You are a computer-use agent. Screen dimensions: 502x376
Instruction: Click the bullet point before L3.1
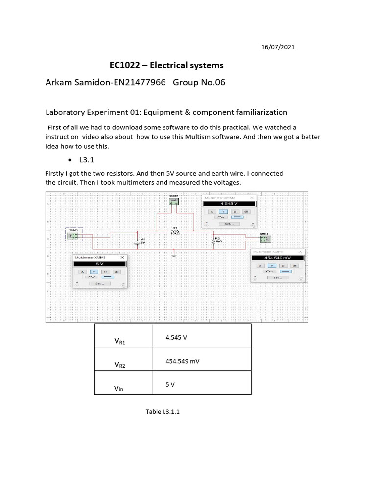(x=71, y=160)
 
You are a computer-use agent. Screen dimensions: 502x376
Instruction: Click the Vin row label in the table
(x=119, y=388)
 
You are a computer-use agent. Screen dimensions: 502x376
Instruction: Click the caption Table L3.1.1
(x=163, y=411)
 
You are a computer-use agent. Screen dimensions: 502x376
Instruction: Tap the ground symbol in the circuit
(x=174, y=254)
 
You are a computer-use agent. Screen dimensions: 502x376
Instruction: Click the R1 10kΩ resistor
(x=174, y=230)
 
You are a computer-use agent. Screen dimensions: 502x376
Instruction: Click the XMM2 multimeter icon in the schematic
(x=173, y=201)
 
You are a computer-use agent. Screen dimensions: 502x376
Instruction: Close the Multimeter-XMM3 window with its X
(x=122, y=257)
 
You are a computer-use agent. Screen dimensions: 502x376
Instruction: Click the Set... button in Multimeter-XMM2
(x=229, y=223)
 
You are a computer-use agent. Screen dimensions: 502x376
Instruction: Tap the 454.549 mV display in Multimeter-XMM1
(x=277, y=258)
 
